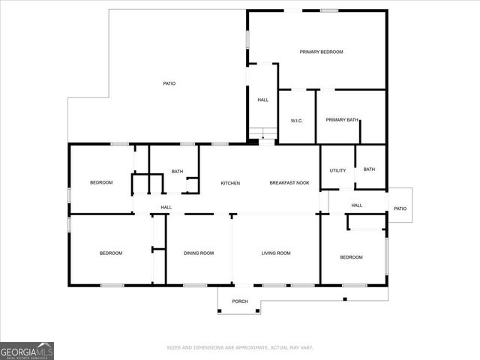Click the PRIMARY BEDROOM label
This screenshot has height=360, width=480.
321,52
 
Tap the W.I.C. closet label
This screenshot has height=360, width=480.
296,120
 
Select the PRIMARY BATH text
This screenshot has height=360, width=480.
342,120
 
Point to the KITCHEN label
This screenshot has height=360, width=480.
230,183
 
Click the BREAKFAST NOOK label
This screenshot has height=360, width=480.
289,183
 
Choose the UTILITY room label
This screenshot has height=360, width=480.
337,170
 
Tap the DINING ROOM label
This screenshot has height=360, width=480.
199,253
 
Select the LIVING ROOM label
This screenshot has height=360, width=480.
276,253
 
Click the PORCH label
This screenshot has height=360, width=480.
239,301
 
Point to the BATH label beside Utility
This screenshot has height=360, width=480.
369,169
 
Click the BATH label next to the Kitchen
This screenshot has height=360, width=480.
177,172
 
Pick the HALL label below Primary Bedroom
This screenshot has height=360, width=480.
263,100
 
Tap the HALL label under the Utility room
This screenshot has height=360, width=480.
357,205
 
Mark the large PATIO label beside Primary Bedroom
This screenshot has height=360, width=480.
169,83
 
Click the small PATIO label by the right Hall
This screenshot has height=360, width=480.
400,208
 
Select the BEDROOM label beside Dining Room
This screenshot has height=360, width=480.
111,253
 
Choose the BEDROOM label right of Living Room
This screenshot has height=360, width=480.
351,257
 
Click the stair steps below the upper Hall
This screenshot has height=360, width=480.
263,135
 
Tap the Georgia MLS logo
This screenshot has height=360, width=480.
27,350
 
